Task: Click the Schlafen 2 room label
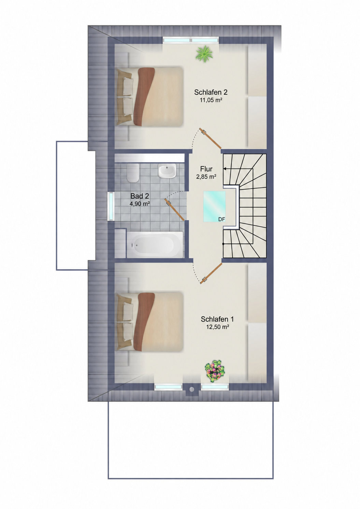point(211,92)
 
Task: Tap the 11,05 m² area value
point(211,100)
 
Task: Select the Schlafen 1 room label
point(217,319)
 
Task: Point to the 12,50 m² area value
point(217,327)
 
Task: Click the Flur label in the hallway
point(206,169)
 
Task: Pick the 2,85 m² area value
point(206,176)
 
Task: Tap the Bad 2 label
point(140,196)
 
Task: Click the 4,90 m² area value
point(140,203)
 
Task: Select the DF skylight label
point(221,219)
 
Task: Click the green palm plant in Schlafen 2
point(204,53)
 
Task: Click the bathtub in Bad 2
point(155,245)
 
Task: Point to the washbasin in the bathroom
point(167,171)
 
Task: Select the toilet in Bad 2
point(133,173)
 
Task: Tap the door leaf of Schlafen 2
point(210,138)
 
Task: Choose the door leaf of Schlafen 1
point(211,273)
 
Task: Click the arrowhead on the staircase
point(225,169)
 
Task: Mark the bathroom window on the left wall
point(111,206)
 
